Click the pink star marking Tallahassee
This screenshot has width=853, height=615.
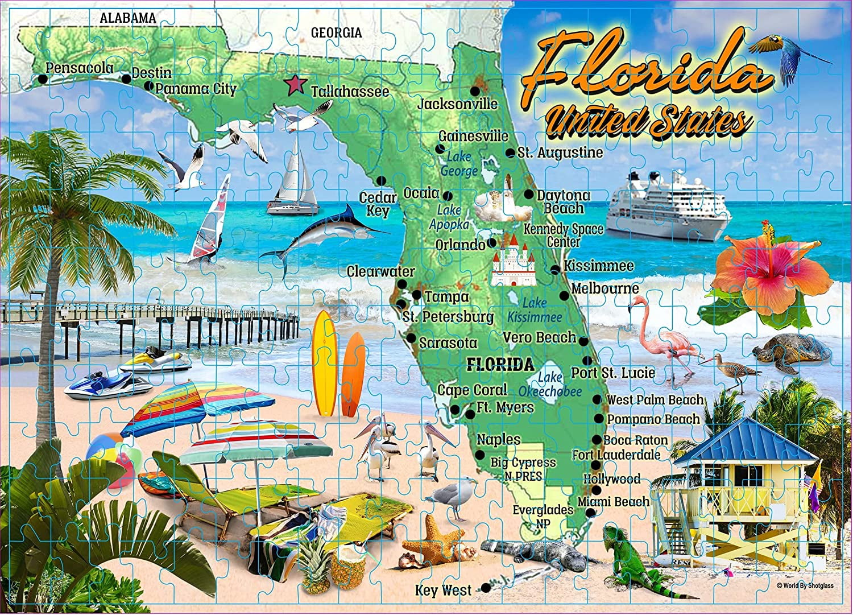pos(295,85)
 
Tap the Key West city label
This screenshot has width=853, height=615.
pos(443,590)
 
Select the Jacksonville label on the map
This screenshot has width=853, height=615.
pos(457,104)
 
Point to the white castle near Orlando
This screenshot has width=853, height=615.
pos(514,261)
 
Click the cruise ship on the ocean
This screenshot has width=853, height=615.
pos(667,207)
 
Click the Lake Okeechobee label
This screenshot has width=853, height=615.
pos(550,385)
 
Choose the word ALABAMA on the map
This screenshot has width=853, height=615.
pos(127,18)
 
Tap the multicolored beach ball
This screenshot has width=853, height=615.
pos(114,458)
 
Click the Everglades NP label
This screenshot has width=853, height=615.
pos(543,515)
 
